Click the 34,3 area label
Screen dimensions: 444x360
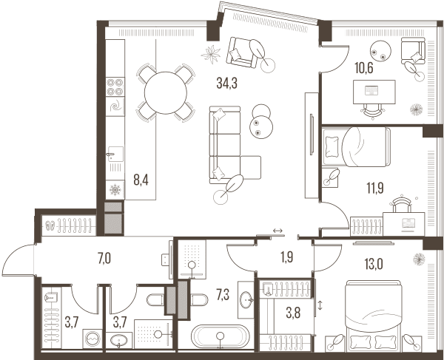226,83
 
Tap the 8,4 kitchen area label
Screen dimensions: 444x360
141,180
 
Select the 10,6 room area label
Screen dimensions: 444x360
364,68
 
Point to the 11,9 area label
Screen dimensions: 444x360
375,189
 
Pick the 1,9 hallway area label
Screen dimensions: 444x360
286,257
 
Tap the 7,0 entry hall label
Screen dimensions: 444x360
104,259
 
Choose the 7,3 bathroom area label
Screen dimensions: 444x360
223,295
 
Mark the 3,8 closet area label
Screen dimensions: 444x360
293,313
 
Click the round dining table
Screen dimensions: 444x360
166,92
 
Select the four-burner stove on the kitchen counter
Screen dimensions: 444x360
115,86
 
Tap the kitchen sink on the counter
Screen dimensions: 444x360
115,154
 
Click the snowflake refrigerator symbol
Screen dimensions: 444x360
115,190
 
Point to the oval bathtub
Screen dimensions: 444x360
221,336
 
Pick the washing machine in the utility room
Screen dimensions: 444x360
92,339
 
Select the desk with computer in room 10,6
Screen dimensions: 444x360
374,92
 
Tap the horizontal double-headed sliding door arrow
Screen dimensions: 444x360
277,231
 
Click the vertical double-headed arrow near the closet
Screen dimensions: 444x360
320,306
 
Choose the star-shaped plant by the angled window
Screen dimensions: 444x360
211,54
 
